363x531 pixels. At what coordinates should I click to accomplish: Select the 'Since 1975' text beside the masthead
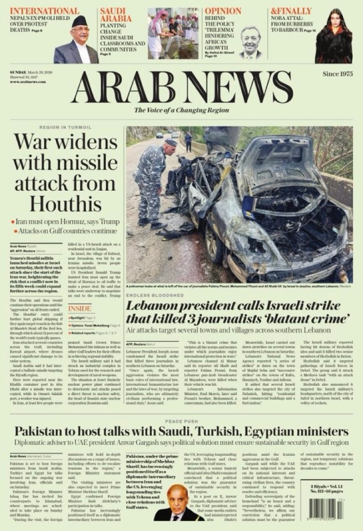pyautogui.click(x=337, y=74)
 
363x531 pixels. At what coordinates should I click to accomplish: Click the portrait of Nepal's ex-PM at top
pyautogui.click(x=78, y=41)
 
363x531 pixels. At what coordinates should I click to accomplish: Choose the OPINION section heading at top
pyautogui.click(x=223, y=11)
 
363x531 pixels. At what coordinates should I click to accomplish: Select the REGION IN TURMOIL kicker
pyautogui.click(x=65, y=127)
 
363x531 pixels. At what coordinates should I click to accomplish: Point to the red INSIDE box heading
pyautogui.click(x=79, y=308)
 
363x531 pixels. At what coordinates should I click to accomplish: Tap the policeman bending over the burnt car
pyautogui.click(x=152, y=181)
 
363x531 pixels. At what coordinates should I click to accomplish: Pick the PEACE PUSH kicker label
pyautogui.click(x=181, y=422)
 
